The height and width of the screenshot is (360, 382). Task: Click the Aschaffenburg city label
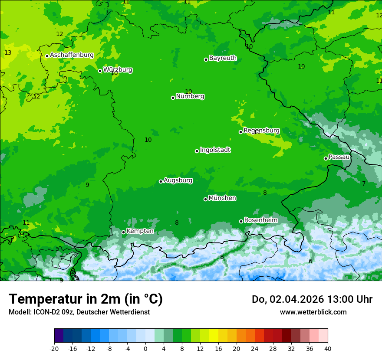[72, 55]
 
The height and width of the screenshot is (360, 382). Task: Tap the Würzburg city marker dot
[100, 71]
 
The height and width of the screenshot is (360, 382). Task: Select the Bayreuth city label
[223, 58]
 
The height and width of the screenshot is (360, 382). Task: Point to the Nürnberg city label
[190, 96]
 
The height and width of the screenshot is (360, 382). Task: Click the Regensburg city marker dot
[240, 132]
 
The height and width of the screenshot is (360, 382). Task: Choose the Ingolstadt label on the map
[215, 150]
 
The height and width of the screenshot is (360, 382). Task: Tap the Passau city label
[339, 157]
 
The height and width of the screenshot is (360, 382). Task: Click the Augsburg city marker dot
[161, 181]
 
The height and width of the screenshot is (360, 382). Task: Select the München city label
[222, 198]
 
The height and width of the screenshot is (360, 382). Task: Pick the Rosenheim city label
[260, 220]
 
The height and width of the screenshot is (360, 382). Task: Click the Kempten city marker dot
[123, 232]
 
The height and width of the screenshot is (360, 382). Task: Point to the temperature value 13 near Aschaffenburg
[8, 52]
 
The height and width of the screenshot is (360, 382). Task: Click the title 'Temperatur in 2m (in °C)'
[86, 299]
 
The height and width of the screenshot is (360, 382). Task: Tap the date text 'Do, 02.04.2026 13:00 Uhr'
[312, 299]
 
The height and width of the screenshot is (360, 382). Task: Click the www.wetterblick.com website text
[313, 312]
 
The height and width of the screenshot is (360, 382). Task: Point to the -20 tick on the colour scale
[54, 348]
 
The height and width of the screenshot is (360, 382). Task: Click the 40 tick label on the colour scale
[328, 348]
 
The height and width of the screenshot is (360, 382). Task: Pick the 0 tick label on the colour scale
[145, 348]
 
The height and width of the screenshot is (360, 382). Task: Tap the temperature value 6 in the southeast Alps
[310, 261]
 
